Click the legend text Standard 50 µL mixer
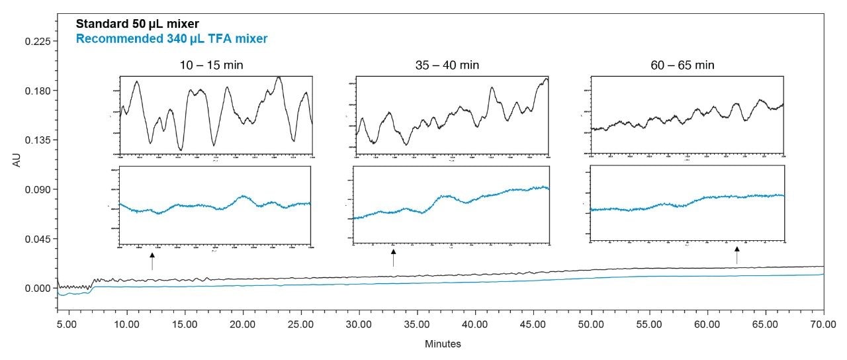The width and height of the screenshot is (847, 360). [138, 24]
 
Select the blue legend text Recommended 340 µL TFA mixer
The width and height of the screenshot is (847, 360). [172, 39]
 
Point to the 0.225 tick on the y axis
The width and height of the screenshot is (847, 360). [38, 41]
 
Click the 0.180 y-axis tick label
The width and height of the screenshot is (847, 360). [38, 91]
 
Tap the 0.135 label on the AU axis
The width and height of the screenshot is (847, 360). [38, 140]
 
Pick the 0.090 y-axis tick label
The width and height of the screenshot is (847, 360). [38, 189]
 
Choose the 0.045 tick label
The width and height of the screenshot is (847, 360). [38, 239]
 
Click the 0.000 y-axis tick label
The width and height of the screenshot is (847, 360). [38, 289]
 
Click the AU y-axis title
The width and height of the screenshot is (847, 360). [17, 163]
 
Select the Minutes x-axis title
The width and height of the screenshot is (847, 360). [443, 344]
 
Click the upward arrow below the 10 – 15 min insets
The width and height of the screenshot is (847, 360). [152, 261]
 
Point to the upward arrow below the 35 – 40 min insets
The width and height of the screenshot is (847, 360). [393, 257]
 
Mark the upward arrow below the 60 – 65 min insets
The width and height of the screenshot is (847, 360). [737, 255]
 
